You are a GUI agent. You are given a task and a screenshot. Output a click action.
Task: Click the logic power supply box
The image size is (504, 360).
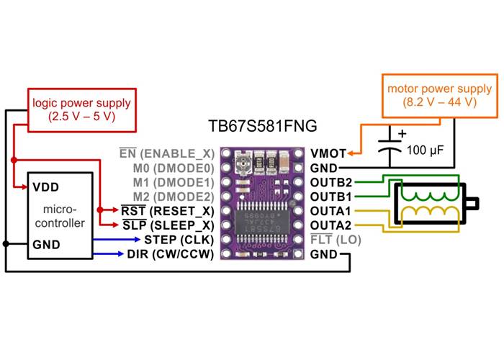click(81, 109)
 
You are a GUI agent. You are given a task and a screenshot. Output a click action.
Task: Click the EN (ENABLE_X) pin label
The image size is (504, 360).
click(166, 153)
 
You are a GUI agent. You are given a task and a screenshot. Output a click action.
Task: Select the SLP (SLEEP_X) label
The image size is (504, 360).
click(168, 225)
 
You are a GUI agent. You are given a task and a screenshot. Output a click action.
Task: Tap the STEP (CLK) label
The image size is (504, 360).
click(179, 239)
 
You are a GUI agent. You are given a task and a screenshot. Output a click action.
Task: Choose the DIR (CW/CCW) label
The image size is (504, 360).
click(171, 253)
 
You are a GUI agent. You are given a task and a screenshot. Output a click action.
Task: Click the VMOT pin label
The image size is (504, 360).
click(328, 153)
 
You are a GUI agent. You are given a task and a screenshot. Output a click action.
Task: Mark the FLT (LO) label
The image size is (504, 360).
click(336, 239)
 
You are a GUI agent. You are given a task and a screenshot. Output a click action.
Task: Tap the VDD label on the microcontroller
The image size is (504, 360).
click(45, 186)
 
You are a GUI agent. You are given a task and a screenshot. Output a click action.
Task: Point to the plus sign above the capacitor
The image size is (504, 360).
click(402, 133)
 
